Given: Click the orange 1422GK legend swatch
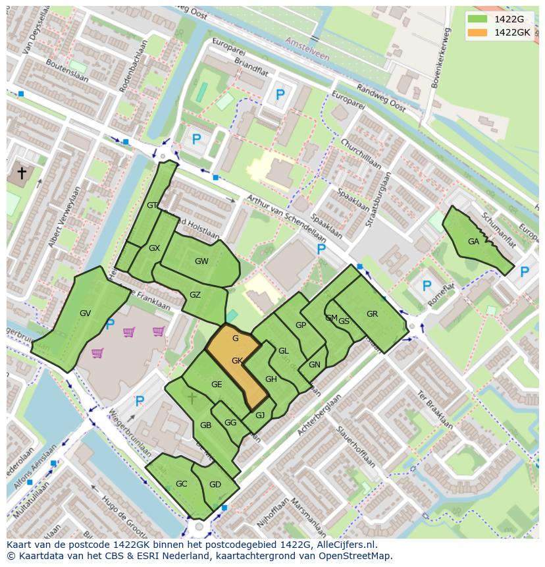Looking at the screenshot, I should click(479, 32).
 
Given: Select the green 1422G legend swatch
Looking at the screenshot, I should click(479, 19).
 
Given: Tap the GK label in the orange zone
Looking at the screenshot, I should click(238, 360).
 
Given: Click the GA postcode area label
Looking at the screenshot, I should click(473, 242).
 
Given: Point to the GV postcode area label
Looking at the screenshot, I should click(85, 313).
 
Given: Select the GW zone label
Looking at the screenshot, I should click(201, 261).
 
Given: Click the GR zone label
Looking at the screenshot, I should click(372, 314).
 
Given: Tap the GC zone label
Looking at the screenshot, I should click(182, 484).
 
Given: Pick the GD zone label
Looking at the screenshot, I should click(215, 485).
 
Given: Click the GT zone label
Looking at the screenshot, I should click(152, 205).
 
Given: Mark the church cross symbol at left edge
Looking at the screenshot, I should click(22, 173).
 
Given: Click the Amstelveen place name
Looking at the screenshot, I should click(307, 49).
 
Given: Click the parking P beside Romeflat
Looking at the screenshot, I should click(427, 286).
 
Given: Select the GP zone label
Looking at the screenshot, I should click(301, 325).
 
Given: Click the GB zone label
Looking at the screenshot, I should click(205, 425).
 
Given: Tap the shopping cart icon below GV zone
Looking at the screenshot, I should click(97, 353).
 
